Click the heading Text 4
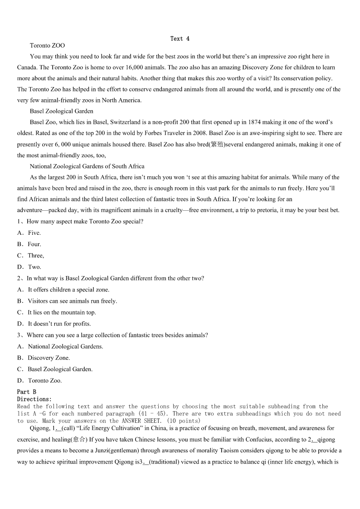180,39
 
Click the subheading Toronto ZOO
47,45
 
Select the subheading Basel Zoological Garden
62,111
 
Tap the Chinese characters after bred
217,145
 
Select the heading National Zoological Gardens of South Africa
87,166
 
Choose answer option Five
34,233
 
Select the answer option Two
34,267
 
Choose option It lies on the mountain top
62,312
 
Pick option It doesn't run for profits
59,324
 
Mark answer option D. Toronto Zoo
44,381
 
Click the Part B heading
27,392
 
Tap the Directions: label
34,399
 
